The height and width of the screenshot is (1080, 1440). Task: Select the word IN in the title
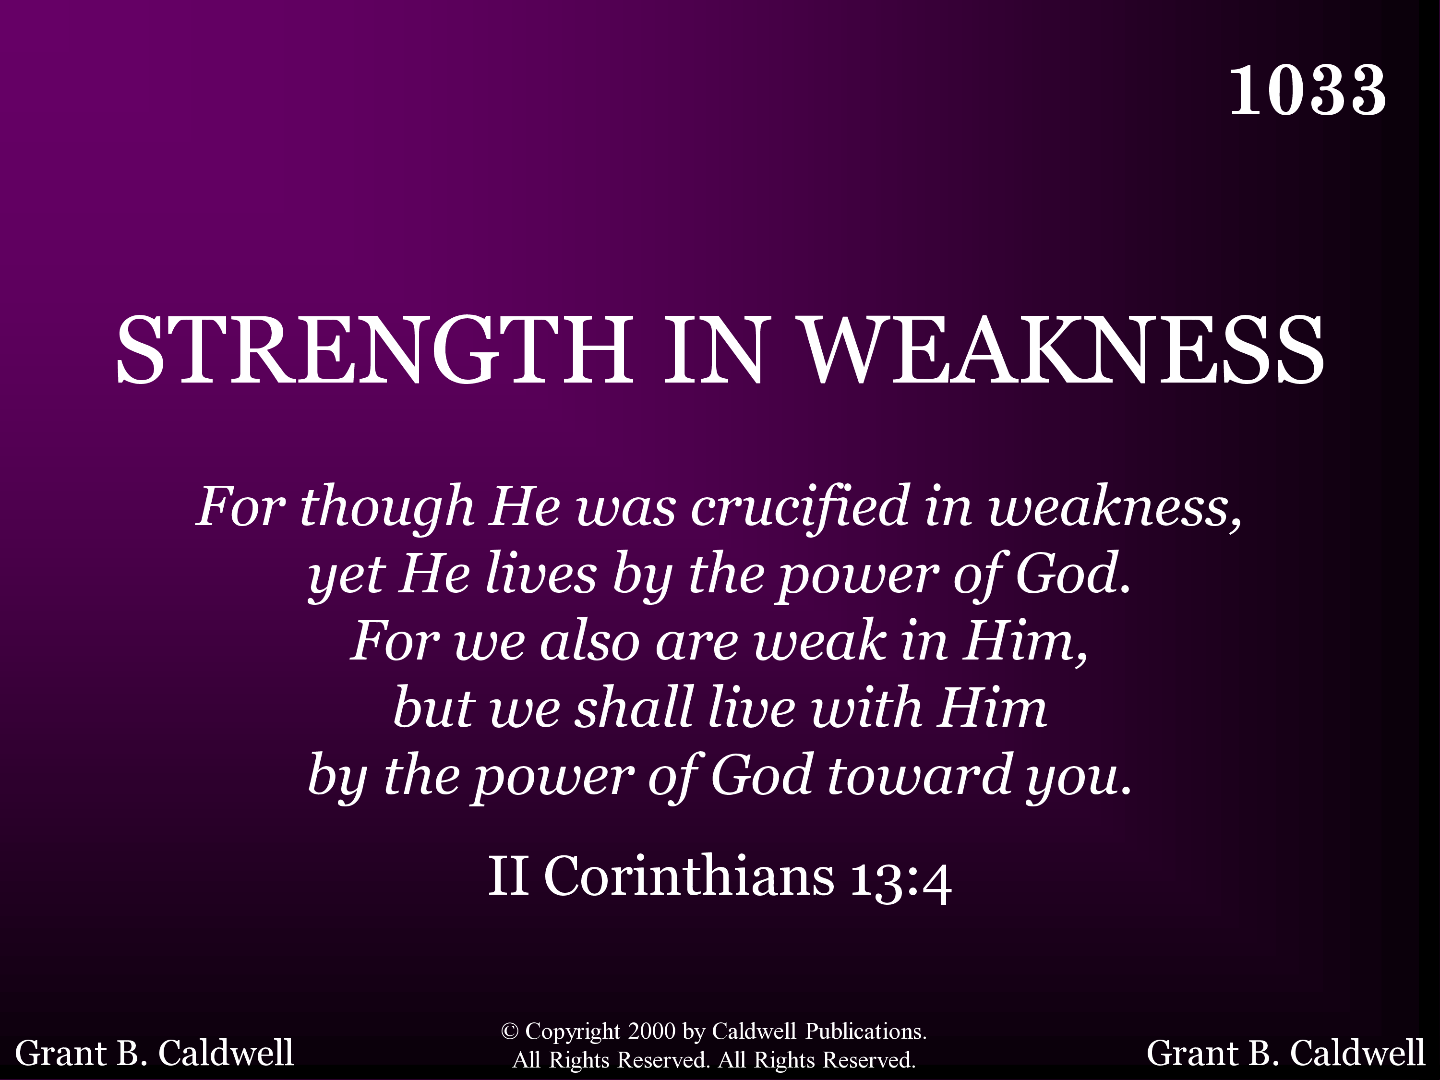713,350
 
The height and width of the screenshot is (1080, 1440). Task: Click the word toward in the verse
919,775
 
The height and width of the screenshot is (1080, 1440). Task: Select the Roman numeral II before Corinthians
508,876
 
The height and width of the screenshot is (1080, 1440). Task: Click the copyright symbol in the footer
509,1031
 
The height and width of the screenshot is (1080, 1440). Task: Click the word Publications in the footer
866,1031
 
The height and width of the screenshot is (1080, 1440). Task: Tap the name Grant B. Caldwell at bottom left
154,1053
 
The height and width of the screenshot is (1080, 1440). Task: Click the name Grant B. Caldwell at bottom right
1286,1053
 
